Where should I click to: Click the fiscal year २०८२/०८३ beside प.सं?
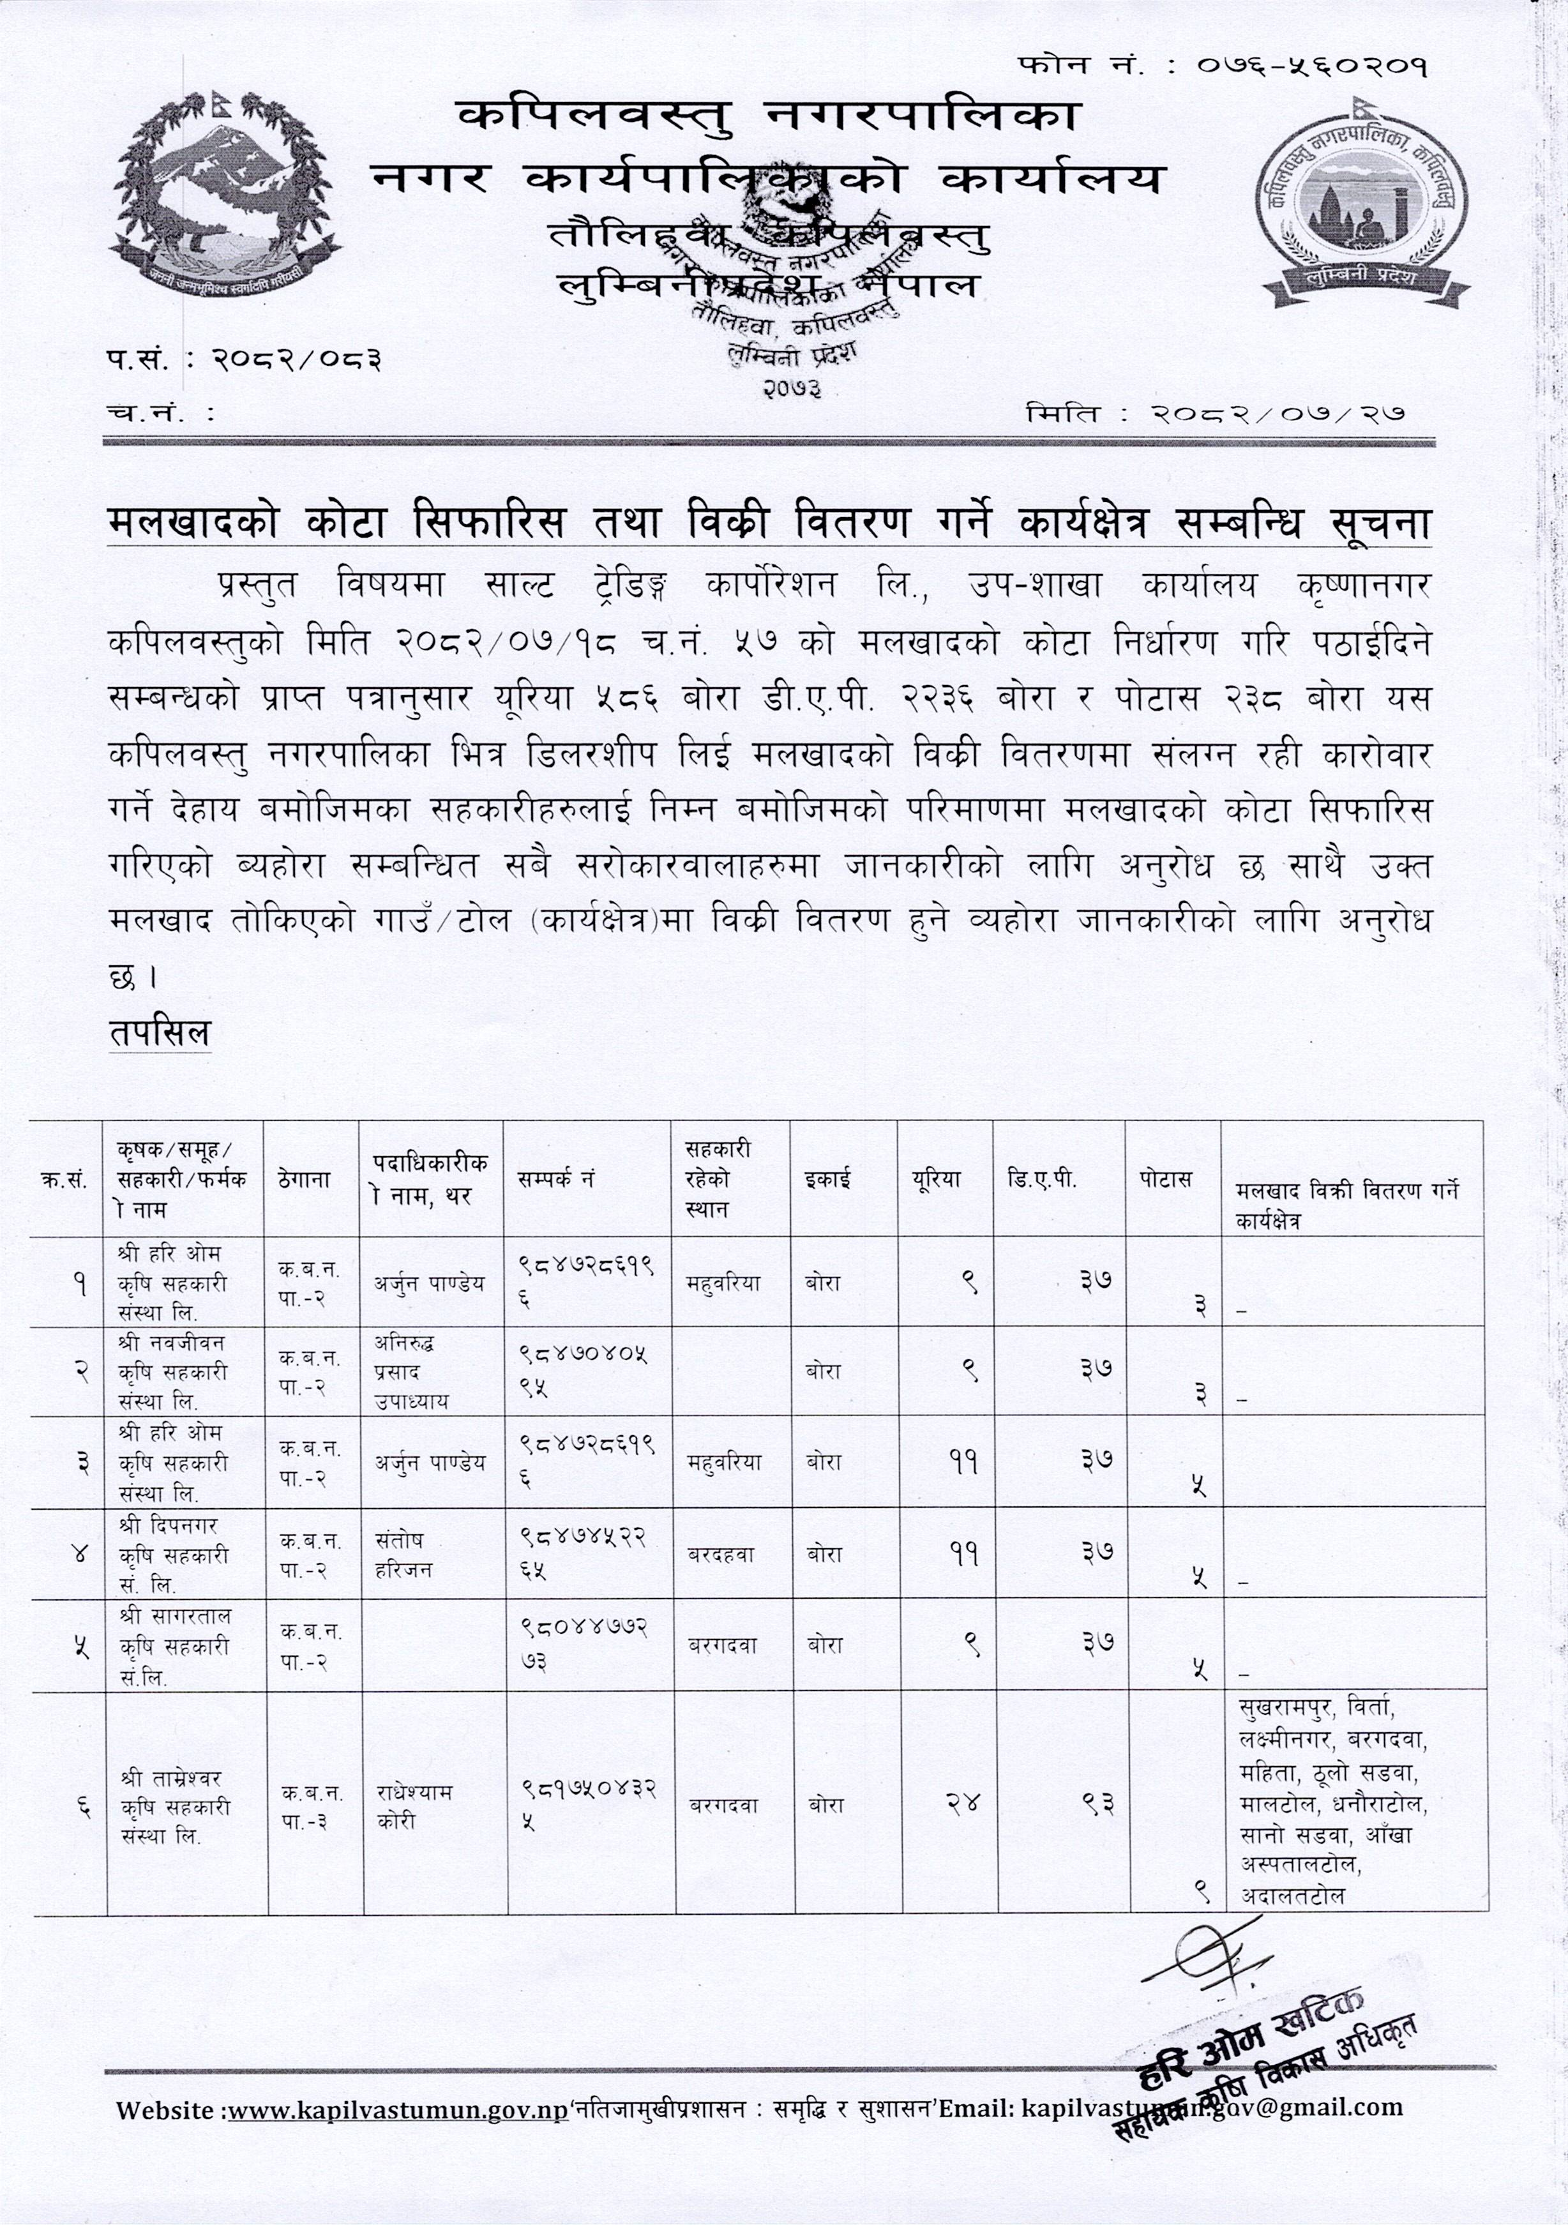pyautogui.click(x=296, y=361)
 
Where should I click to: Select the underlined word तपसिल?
pyautogui.click(x=159, y=1033)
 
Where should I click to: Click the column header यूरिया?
pyautogui.click(x=935, y=1179)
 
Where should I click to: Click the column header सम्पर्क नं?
pyautogui.click(x=555, y=1179)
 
